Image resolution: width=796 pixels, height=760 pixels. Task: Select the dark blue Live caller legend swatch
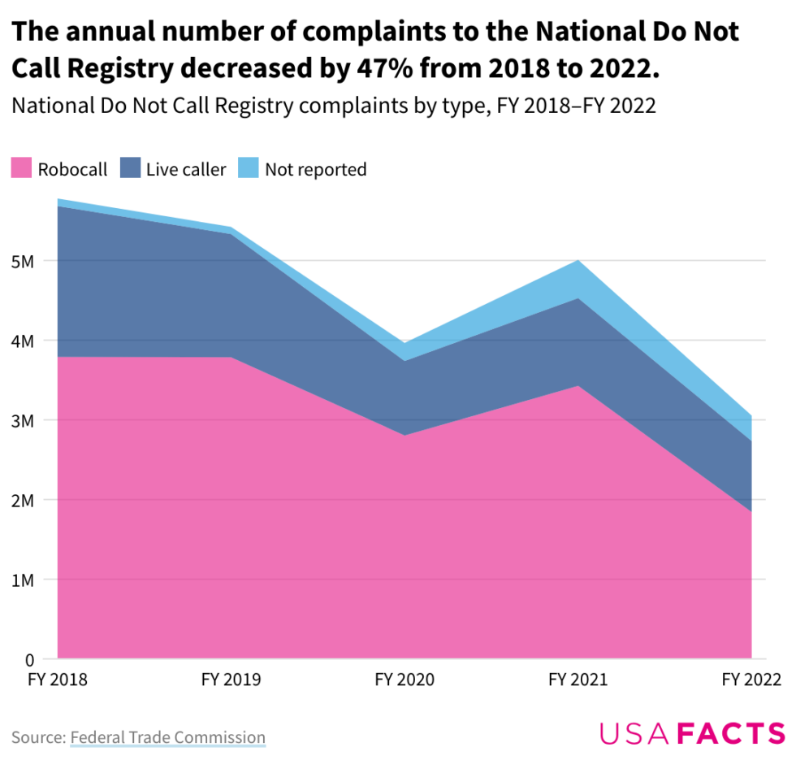coord(131,169)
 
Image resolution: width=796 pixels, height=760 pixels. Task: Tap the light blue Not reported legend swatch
coord(248,169)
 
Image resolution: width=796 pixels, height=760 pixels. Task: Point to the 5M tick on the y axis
coord(23,262)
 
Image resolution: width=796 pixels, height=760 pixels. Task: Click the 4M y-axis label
coord(23,341)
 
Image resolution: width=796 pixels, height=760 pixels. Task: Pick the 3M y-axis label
coord(23,421)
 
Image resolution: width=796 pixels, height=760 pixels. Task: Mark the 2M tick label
coord(23,501)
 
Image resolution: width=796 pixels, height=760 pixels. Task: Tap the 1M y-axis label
coord(23,580)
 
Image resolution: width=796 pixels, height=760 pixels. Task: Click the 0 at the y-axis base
coord(28,659)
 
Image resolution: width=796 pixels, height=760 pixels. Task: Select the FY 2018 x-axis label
coord(58,680)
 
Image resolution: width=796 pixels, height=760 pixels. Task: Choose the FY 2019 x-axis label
coord(231,680)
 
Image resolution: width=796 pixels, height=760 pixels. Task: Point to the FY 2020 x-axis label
coord(404,680)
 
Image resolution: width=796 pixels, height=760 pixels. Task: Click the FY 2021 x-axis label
coord(578,680)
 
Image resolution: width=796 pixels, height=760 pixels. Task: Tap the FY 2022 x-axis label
coord(751,680)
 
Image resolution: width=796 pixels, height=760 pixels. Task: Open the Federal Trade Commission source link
coord(167,737)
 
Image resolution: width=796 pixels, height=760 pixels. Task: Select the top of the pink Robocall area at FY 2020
coord(404,435)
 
